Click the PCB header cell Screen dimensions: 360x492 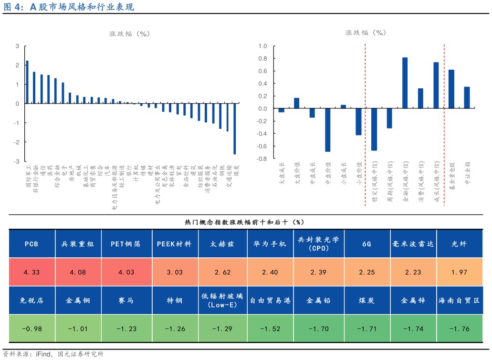[x=31, y=244]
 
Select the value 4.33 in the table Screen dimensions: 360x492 [x=31, y=272]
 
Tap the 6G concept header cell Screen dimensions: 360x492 [x=366, y=244]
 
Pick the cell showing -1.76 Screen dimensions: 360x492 [x=460, y=328]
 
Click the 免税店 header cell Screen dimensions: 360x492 [x=31, y=301]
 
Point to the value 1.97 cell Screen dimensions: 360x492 [x=460, y=272]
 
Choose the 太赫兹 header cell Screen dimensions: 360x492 [x=222, y=244]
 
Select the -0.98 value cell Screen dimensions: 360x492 [x=31, y=328]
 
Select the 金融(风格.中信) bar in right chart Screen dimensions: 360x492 [x=405, y=83]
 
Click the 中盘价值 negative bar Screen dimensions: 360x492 [x=328, y=130]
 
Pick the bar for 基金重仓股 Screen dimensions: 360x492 [x=451, y=89]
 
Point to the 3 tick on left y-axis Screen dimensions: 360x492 [x=17, y=46]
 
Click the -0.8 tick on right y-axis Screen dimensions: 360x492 [x=262, y=159]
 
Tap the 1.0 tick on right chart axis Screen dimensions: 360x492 [x=262, y=46]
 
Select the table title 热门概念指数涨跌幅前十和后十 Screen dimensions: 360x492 [x=244, y=222]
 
